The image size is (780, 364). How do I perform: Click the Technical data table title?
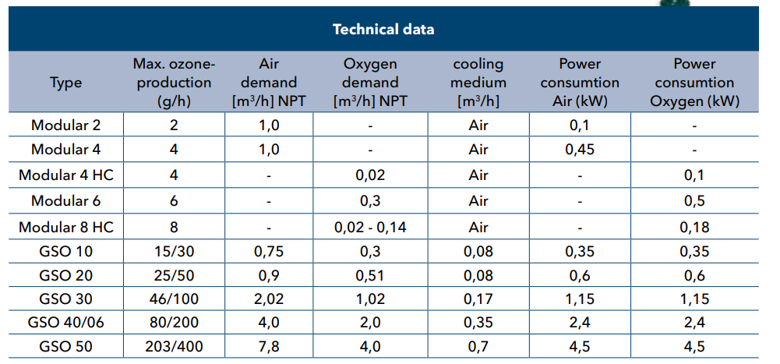point(383,30)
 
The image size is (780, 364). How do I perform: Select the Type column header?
point(65,83)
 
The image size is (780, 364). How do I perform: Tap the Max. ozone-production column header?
point(174,83)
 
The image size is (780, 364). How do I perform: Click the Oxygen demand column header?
point(370,83)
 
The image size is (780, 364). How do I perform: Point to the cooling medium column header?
point(478,83)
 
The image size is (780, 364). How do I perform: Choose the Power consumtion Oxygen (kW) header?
point(694,83)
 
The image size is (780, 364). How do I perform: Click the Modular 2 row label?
point(65,125)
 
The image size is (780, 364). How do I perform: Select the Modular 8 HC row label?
point(65,227)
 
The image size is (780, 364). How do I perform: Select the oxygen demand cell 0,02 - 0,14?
point(370,227)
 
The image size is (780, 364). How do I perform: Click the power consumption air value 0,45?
point(579,150)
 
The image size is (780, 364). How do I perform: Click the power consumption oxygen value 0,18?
point(694,227)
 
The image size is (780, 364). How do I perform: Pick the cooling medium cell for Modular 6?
point(478,201)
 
